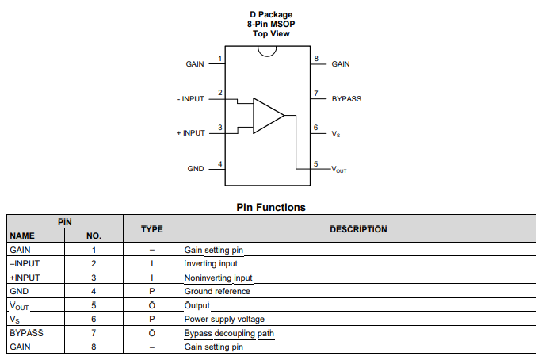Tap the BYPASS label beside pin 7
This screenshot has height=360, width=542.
pyautogui.click(x=346, y=98)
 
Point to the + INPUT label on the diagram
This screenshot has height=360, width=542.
pyautogui.click(x=190, y=133)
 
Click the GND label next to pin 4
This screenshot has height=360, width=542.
pyautogui.click(x=196, y=169)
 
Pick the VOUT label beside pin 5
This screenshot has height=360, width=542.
pyautogui.click(x=338, y=170)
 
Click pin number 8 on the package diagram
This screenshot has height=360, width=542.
pyautogui.click(x=316, y=59)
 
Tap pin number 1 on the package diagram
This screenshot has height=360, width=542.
pyautogui.click(x=219, y=59)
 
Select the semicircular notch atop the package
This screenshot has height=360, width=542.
pyautogui.click(x=267, y=51)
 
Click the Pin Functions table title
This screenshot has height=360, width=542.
pyautogui.click(x=271, y=207)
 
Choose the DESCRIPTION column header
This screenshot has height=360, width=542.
pyautogui.click(x=358, y=229)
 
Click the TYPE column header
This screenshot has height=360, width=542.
pyautogui.click(x=151, y=229)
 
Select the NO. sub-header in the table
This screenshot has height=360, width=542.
pyautogui.click(x=94, y=236)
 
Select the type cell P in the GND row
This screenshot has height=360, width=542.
pyautogui.click(x=151, y=291)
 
